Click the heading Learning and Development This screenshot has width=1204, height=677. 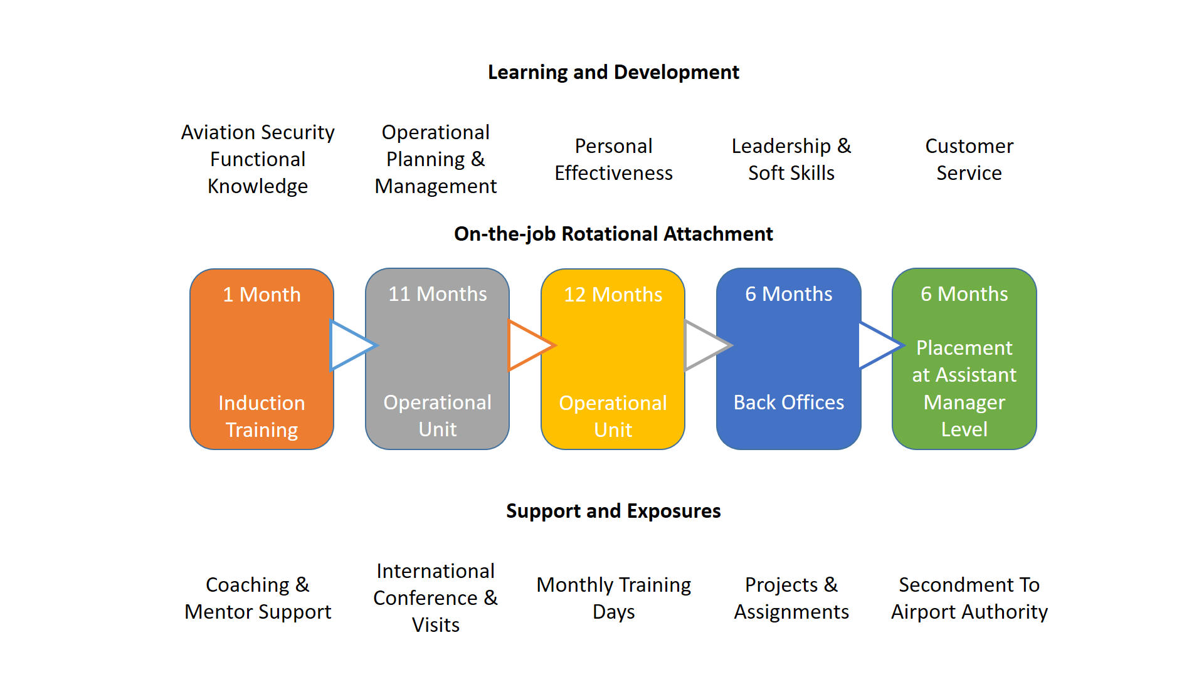coord(613,73)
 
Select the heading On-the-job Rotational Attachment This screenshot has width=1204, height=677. coord(613,234)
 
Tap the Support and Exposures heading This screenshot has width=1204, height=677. coord(613,512)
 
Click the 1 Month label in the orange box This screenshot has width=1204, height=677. coord(262,295)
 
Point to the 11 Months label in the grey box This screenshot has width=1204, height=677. coord(438,294)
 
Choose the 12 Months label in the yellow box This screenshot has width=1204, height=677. coord(613,295)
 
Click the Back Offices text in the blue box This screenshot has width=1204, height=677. coord(789,402)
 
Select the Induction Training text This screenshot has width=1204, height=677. coord(262,416)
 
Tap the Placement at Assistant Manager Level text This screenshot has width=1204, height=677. coord(964,389)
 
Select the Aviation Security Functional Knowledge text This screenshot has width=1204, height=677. coord(258,159)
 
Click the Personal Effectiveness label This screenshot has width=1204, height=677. coord(613,160)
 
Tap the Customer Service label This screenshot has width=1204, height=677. coord(969,160)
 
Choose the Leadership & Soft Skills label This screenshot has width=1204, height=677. coord(791,160)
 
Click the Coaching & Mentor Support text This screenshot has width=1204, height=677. coord(258,599)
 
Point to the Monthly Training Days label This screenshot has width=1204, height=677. coord(613,599)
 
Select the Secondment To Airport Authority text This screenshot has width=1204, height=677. coord(969,599)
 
